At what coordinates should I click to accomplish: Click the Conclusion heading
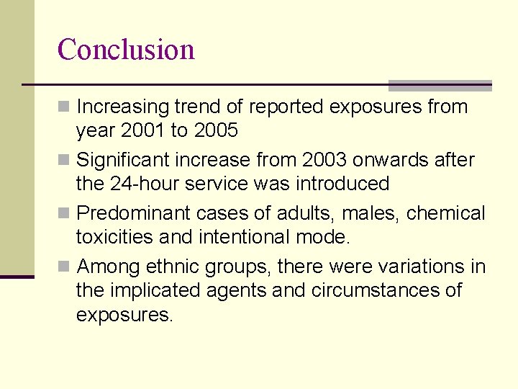(126, 50)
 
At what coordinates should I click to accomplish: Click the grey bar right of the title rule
(440, 85)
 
